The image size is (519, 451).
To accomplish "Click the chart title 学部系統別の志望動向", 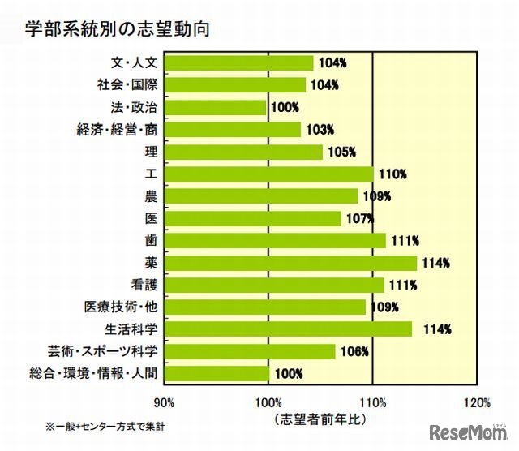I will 118,29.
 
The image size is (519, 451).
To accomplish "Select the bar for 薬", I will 290,263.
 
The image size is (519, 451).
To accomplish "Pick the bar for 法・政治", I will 215,107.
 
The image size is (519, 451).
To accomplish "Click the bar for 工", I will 268,174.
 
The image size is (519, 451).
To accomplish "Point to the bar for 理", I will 243,152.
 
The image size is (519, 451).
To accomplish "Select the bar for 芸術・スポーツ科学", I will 250,351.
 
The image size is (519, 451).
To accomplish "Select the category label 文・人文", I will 133,62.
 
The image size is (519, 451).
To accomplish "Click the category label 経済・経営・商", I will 116,129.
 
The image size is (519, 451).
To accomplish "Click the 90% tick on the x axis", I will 164,402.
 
